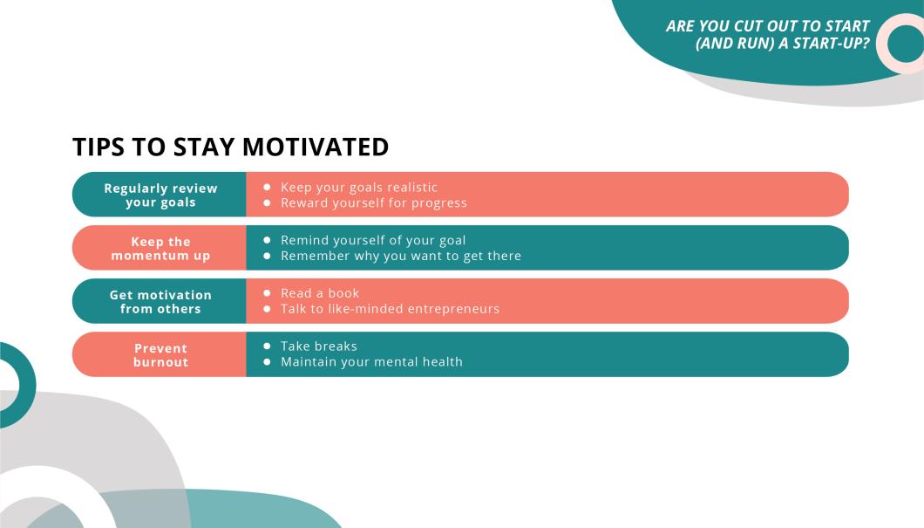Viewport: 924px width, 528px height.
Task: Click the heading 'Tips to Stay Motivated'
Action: (230, 147)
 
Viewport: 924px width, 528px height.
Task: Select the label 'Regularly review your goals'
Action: (160, 195)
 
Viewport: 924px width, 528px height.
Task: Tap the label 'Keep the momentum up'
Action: (160, 249)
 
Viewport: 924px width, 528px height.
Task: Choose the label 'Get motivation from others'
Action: (160, 302)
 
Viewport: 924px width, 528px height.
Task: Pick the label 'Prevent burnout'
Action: (160, 355)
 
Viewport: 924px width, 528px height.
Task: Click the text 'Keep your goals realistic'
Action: (358, 188)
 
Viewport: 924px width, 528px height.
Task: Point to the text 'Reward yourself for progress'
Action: (373, 203)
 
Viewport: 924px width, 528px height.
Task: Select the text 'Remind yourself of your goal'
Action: (373, 241)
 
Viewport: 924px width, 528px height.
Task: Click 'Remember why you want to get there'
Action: (400, 257)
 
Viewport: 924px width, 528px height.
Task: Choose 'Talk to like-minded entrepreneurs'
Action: (390, 309)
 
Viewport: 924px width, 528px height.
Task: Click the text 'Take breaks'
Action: (318, 346)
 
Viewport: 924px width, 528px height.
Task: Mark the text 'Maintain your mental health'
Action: (371, 362)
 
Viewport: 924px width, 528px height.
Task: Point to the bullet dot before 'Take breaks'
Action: (267, 346)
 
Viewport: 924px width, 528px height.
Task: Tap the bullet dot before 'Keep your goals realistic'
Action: (267, 188)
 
